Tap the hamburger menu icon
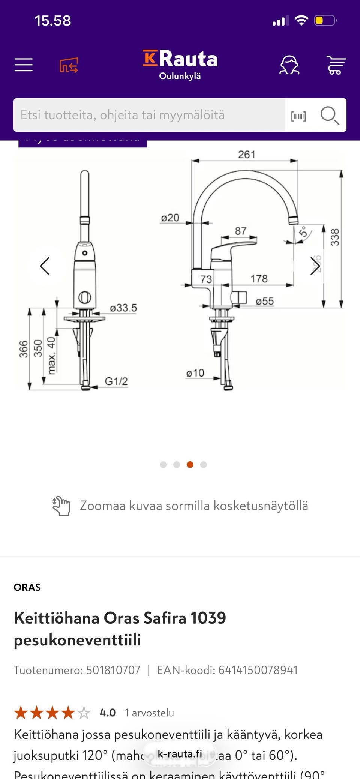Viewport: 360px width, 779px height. pyautogui.click(x=24, y=65)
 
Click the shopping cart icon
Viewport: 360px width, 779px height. pyautogui.click(x=336, y=65)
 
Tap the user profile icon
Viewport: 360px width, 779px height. pyautogui.click(x=289, y=65)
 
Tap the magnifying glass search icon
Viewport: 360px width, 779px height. pyautogui.click(x=330, y=115)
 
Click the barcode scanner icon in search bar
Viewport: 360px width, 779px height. pyautogui.click(x=298, y=116)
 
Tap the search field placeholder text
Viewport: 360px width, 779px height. pyautogui.click(x=123, y=115)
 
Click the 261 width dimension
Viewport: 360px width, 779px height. pyautogui.click(x=246, y=155)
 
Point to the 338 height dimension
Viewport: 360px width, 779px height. pyautogui.click(x=334, y=237)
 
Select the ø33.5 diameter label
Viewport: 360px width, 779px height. pyautogui.click(x=123, y=308)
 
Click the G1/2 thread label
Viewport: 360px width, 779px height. pyautogui.click(x=116, y=381)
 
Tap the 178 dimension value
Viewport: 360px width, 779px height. pyautogui.click(x=259, y=279)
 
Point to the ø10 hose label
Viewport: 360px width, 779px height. pyautogui.click(x=195, y=373)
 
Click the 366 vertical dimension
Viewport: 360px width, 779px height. pyautogui.click(x=24, y=349)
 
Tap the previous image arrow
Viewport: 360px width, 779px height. pyautogui.click(x=45, y=266)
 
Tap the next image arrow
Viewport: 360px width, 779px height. pyautogui.click(x=315, y=266)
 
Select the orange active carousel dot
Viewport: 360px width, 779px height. pyautogui.click(x=190, y=465)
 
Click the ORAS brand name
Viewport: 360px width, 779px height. pyautogui.click(x=27, y=587)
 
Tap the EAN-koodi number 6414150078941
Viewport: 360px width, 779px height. pyautogui.click(x=258, y=670)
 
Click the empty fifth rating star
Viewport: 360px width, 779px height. pyautogui.click(x=84, y=713)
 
